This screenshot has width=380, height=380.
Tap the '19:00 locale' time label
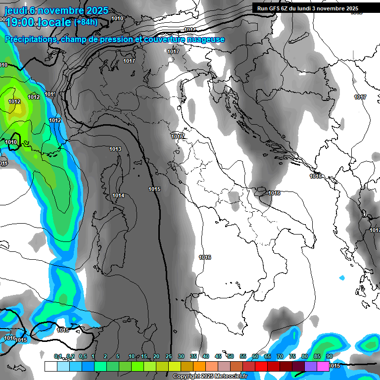(38, 22)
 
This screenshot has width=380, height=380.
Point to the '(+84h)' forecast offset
(86, 22)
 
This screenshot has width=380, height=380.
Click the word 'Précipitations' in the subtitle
(30, 40)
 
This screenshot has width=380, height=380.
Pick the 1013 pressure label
(115, 149)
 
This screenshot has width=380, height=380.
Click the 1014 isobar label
(118, 196)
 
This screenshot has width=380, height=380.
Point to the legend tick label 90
(329, 356)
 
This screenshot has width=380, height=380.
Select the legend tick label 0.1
(57, 356)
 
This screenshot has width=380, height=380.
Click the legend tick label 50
(231, 356)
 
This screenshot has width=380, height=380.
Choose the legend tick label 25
(169, 356)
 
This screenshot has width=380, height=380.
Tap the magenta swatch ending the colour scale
(323, 366)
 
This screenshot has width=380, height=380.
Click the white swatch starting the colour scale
(50, 366)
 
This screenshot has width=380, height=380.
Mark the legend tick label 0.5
(82, 356)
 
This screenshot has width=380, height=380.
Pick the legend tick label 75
(292, 356)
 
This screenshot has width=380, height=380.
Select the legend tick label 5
(118, 356)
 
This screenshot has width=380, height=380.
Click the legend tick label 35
(193, 356)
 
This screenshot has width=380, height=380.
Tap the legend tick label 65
(268, 356)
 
